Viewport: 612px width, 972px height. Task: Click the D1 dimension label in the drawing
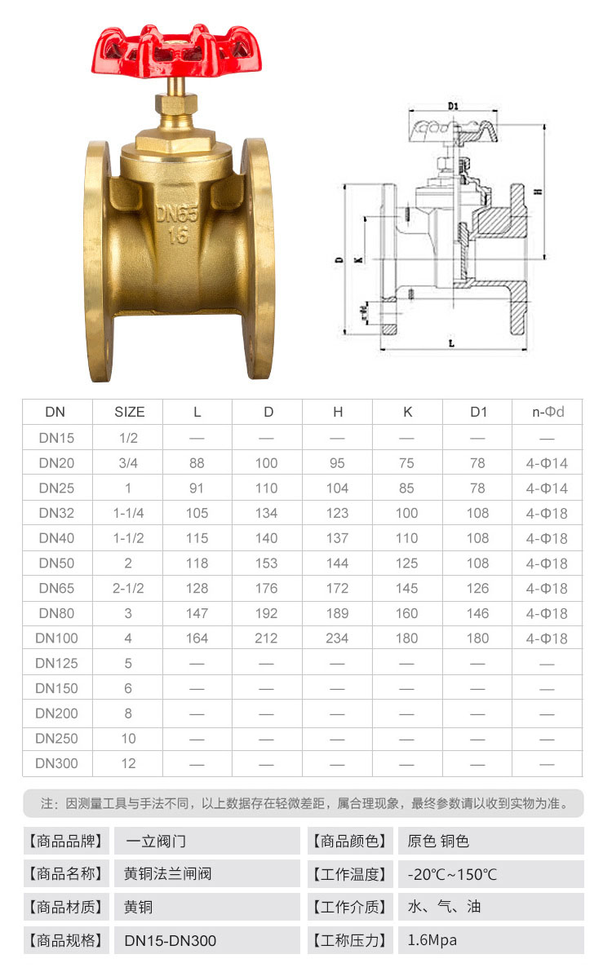coord(453,106)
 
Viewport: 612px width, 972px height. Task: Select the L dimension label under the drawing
coord(451,343)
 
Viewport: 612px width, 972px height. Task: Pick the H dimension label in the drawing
coord(538,191)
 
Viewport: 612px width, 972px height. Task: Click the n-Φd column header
coord(548,412)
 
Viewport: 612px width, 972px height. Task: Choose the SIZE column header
coord(129,412)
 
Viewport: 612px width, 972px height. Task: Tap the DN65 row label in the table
coord(58,588)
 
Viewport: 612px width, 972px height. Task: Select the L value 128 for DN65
coord(197,588)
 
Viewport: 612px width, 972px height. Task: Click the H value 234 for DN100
coord(337,638)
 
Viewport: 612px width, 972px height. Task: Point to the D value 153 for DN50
coord(267,563)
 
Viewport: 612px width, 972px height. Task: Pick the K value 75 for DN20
coord(407,463)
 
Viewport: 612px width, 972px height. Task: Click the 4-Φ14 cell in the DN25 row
coord(547,488)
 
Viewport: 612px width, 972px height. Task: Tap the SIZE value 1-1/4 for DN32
coord(129,513)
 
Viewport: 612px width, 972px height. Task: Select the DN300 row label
coord(58,763)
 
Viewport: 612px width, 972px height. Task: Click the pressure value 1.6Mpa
coord(432,940)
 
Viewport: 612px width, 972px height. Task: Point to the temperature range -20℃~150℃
coord(452,875)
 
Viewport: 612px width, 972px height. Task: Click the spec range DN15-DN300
coord(171,940)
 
